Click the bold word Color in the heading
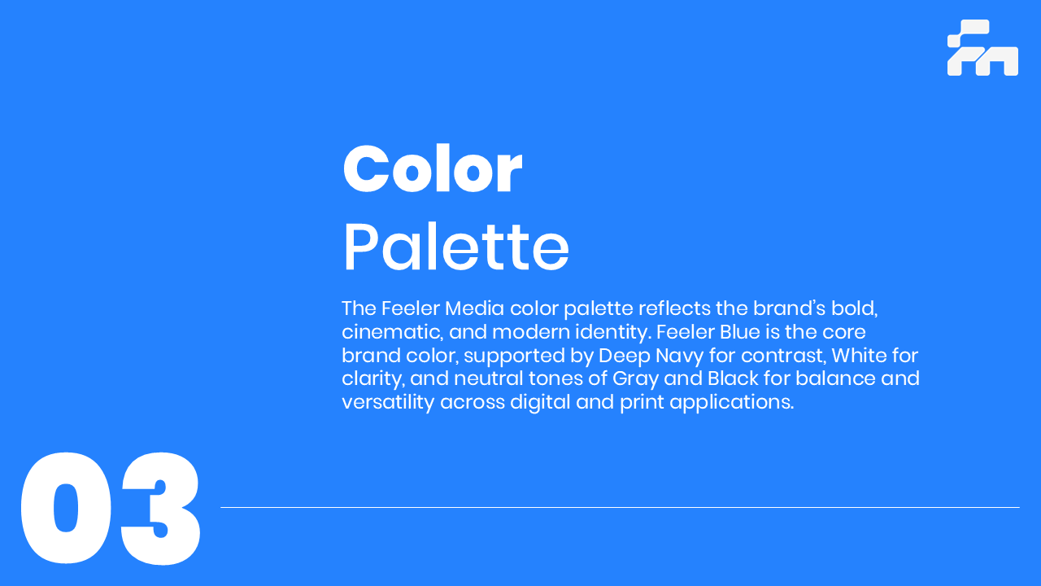pyautogui.click(x=433, y=168)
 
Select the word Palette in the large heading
pyautogui.click(x=456, y=247)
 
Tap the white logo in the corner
pyautogui.click(x=982, y=47)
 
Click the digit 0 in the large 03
pyautogui.click(x=66, y=508)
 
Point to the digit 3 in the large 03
pyautogui.click(x=160, y=508)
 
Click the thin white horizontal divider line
pyautogui.click(x=620, y=507)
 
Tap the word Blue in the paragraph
pyautogui.click(x=740, y=332)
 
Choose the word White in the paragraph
pyautogui.click(x=854, y=356)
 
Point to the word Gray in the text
pyautogui.click(x=635, y=379)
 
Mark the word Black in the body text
pyautogui.click(x=733, y=378)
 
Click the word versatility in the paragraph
pyautogui.click(x=388, y=402)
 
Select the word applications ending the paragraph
pyautogui.click(x=731, y=403)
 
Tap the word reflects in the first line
pyautogui.click(x=675, y=308)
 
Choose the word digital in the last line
pyautogui.click(x=540, y=403)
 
